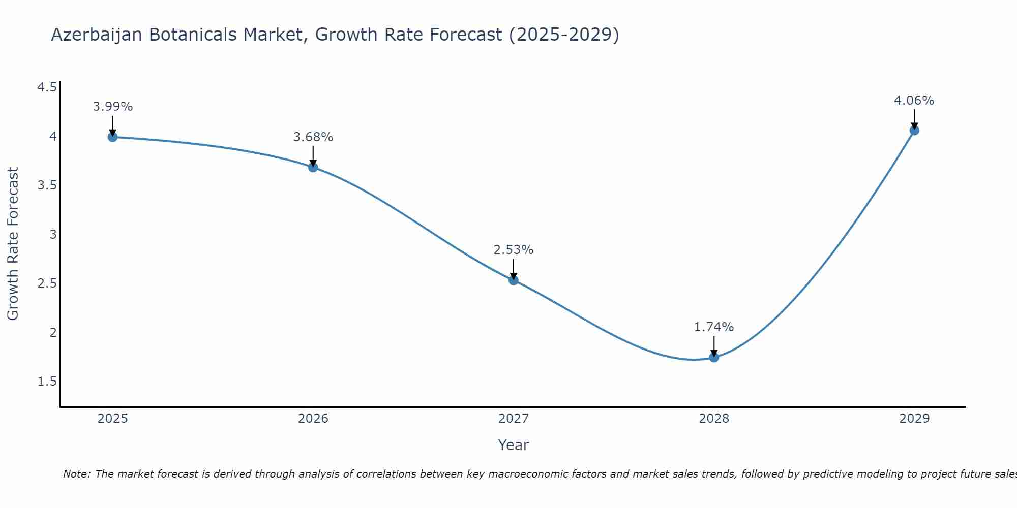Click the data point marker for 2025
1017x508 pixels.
[x=112, y=137]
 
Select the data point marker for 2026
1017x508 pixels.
[x=313, y=167]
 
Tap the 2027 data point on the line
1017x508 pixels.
[x=514, y=280]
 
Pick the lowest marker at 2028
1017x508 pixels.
[x=714, y=357]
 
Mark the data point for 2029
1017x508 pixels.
[x=914, y=130]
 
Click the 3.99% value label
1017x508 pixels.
[x=112, y=107]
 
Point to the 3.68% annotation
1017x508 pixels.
[x=313, y=137]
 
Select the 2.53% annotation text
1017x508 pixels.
[x=514, y=250]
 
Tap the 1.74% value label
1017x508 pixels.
[x=714, y=327]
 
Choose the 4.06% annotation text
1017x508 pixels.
[x=914, y=101]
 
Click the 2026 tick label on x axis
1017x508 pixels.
[x=313, y=419]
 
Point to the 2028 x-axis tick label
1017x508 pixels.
[x=714, y=419]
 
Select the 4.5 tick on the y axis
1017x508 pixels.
[x=47, y=87]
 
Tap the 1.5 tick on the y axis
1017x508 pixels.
[x=47, y=382]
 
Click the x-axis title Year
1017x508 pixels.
[x=514, y=445]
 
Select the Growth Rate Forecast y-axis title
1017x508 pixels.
[x=13, y=244]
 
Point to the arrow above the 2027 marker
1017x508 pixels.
[x=514, y=269]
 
